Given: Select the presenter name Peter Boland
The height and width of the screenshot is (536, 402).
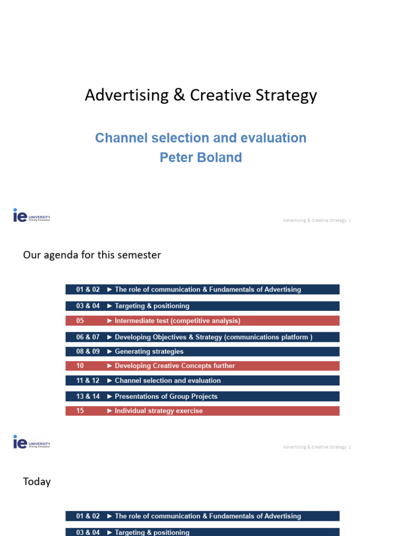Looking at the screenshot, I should pos(200,158).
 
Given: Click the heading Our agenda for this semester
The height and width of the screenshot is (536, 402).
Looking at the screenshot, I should pos(92,255).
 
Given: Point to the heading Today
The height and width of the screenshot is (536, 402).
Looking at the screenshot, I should pos(37,482).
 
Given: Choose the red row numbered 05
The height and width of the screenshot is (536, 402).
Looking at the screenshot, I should pos(202,321).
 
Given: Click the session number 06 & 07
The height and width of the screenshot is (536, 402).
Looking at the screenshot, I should pos(88,337).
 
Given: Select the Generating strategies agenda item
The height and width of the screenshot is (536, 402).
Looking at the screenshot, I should pos(149,352).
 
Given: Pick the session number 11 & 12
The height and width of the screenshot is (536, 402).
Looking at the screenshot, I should pos(88,381).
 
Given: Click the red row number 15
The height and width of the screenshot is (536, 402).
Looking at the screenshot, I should pos(80,411).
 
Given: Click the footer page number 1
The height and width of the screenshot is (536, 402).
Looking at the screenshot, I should pos(350,220).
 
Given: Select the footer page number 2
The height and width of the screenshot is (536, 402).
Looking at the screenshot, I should pos(350,447).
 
